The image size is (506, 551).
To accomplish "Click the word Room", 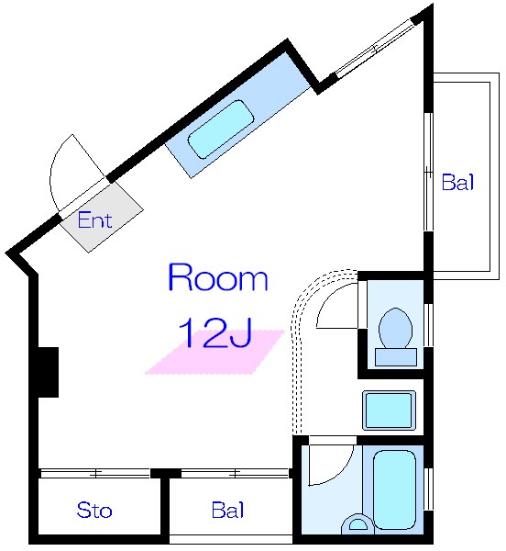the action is (x=218, y=277).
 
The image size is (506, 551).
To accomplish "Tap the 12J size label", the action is (x=215, y=332).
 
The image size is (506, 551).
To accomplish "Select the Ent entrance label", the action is (x=94, y=220).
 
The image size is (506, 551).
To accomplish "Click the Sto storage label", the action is (x=94, y=510).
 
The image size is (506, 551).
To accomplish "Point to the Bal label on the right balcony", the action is (x=457, y=182).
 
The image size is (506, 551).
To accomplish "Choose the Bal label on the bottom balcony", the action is (x=228, y=510).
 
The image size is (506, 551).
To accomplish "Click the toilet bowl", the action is (x=396, y=328).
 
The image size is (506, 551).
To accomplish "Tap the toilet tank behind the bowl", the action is (x=396, y=357).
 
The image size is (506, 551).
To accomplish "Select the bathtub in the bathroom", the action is (x=394, y=489).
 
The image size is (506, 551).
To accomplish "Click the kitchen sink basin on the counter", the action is (x=221, y=129).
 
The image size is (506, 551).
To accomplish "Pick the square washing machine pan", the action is (x=389, y=410).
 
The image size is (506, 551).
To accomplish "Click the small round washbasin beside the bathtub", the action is (x=357, y=523).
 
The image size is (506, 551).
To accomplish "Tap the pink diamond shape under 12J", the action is (x=214, y=352).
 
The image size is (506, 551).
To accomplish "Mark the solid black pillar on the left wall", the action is (x=48, y=373).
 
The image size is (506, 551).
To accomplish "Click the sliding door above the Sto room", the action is (x=94, y=473).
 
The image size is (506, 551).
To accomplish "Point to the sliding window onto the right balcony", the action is (x=428, y=172).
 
